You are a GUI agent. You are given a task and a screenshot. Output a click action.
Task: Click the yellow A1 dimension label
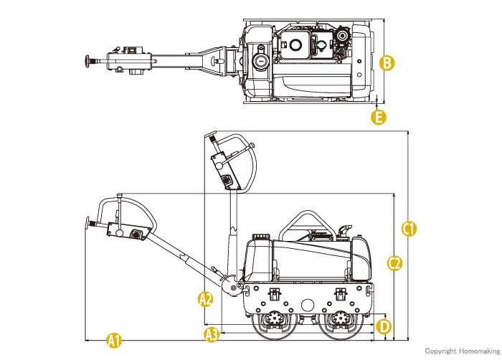pyautogui.click(x=114, y=340)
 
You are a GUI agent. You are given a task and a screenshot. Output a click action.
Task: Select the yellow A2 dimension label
pyautogui.click(x=205, y=299)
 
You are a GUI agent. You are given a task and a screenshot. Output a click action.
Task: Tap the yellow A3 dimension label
pyautogui.click(x=212, y=335)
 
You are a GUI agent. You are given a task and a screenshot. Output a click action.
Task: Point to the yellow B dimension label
pyautogui.click(x=387, y=63)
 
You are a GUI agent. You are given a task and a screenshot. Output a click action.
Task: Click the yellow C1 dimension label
pyautogui.click(x=409, y=229)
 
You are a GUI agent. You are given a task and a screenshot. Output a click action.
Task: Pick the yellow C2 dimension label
pyautogui.click(x=394, y=263)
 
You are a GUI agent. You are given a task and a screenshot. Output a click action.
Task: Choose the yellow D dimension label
pyautogui.click(x=384, y=327)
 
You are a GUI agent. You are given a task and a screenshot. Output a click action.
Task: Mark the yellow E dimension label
pyautogui.click(x=379, y=117)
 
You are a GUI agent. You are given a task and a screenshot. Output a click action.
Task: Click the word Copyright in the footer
pyautogui.click(x=440, y=351)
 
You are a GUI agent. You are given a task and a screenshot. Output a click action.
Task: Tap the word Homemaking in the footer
pyautogui.click(x=479, y=351)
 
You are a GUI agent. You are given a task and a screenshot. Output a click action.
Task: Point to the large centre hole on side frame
pyautogui.click(x=308, y=305)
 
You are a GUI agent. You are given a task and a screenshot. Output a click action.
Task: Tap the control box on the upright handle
pyautogui.click(x=225, y=171)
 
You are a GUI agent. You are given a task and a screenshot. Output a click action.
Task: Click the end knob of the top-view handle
pyautogui.click(x=87, y=62)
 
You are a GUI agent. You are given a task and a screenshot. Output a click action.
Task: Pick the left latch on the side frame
pyautogui.click(x=275, y=294)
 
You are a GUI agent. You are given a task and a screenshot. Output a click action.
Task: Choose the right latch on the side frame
pyautogui.click(x=341, y=294)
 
